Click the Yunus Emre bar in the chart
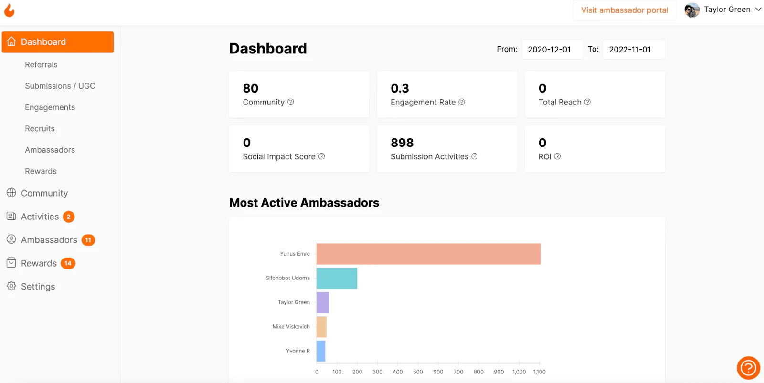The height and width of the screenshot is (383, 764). point(428,254)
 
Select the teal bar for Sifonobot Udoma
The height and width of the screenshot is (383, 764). point(337,278)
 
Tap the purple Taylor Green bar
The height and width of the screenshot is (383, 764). point(323,302)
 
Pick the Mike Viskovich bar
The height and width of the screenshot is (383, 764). point(321,327)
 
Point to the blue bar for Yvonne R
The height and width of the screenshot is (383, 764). point(320,351)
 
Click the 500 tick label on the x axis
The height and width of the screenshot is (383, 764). point(418,372)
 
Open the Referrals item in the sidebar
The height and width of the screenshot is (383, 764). point(41,65)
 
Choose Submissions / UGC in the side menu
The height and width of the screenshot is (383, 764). point(60,86)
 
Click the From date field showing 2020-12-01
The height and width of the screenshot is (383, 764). point(552,50)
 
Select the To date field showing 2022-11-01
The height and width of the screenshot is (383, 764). point(633,50)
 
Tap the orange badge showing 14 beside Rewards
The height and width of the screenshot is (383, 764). point(68,263)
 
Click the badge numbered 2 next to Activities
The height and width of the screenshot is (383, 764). point(69,217)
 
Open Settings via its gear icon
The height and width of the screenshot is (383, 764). point(11,286)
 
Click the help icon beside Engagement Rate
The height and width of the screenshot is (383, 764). point(461,102)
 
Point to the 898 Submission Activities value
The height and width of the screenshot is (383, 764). point(402,143)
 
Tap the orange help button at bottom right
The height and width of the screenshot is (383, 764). point(748,368)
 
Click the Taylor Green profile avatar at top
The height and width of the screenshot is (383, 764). point(692,10)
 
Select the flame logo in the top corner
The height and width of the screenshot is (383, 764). point(10,10)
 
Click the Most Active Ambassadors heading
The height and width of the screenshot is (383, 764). point(304,203)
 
